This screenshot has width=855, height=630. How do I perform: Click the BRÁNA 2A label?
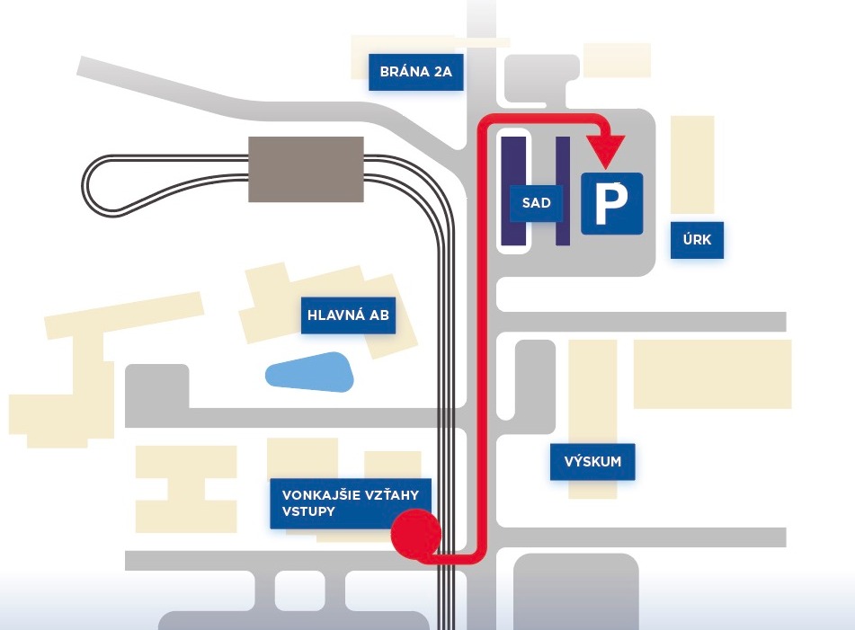pos(415,72)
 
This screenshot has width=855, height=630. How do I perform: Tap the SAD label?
pos(536,204)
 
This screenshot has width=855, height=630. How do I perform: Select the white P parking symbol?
pos(611,203)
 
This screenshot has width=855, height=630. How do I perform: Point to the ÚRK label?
pos(697,240)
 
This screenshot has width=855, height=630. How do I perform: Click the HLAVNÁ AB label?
pos(348,315)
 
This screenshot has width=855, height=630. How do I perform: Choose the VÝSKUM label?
pos(592,462)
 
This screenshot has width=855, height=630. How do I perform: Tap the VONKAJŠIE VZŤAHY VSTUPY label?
pos(351,502)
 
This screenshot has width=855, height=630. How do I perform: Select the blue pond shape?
pos(310,372)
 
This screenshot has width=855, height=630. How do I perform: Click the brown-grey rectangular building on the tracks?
pos(306,169)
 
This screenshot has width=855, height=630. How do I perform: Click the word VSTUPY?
pos(307,512)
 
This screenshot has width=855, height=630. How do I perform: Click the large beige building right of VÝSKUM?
pos(712,374)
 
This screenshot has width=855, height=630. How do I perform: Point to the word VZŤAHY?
pos(390,493)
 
